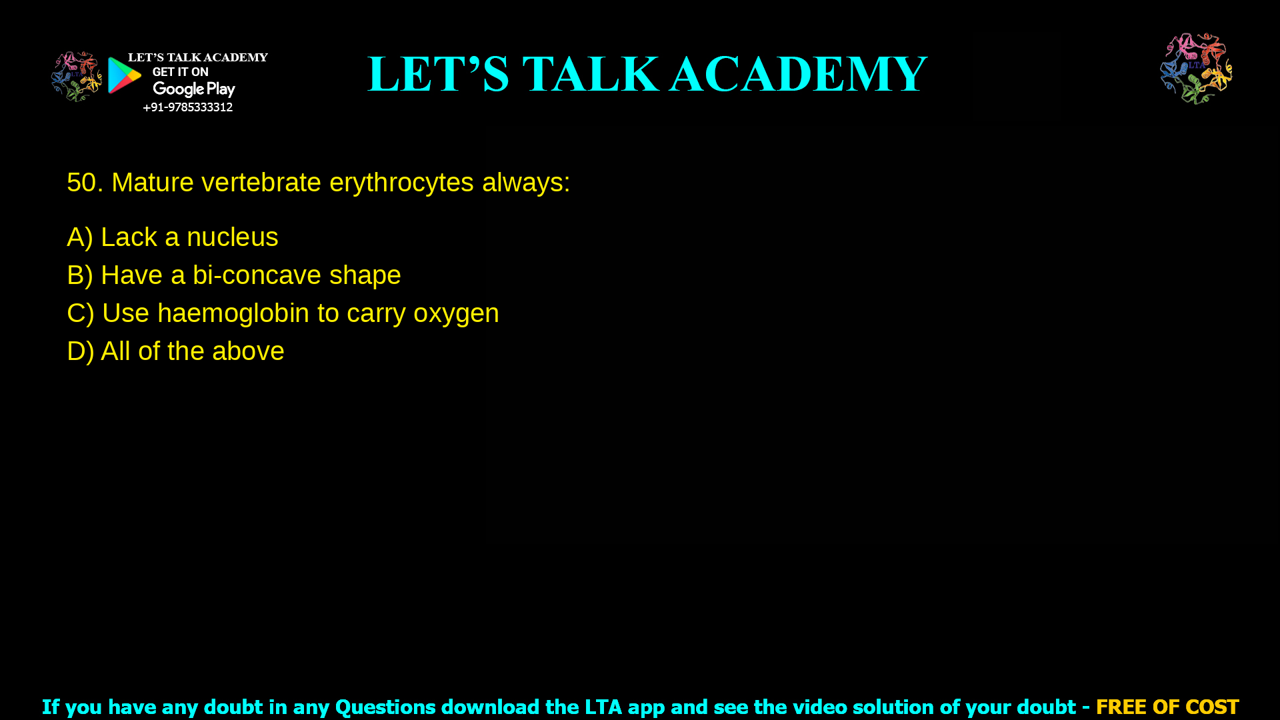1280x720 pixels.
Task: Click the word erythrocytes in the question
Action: click(401, 183)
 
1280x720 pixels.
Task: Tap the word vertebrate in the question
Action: click(261, 183)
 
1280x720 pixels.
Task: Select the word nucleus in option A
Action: click(232, 237)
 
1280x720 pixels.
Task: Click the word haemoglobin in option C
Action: click(233, 313)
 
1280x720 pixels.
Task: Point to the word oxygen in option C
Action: click(456, 313)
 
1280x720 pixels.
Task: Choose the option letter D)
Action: click(80, 351)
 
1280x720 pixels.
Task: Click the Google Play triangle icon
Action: click(124, 75)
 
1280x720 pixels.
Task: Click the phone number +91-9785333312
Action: click(187, 107)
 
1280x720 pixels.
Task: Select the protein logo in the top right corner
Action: click(1196, 69)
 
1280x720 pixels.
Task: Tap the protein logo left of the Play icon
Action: click(76, 77)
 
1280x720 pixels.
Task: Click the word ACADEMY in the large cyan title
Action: click(798, 74)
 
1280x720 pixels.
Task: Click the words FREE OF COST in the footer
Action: click(1167, 707)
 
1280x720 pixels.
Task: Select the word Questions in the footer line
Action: click(385, 707)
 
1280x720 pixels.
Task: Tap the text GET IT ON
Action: click(180, 72)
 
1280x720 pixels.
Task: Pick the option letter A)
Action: click(79, 237)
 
